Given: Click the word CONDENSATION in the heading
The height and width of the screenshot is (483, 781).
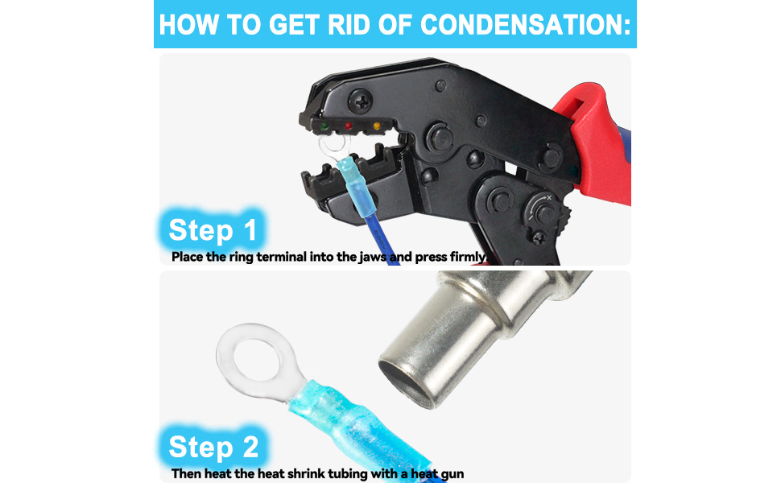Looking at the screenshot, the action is click(526, 24).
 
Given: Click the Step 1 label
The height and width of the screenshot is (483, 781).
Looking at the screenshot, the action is click(213, 230).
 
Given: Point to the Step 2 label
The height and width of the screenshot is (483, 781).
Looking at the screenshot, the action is click(213, 447).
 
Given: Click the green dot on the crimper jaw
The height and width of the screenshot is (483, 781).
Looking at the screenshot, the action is click(324, 126).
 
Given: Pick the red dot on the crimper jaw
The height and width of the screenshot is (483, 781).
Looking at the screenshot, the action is click(349, 126).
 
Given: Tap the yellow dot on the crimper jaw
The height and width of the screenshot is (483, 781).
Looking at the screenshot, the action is click(377, 126).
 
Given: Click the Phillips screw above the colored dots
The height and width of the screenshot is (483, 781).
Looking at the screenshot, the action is click(360, 101).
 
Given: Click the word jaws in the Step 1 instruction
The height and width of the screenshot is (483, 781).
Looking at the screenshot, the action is click(373, 257).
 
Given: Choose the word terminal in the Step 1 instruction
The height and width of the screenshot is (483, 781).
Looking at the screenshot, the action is click(282, 257).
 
